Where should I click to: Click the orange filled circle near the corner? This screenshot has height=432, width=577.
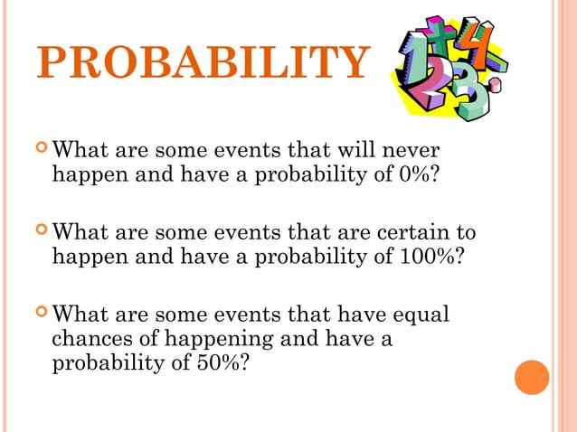[532, 378]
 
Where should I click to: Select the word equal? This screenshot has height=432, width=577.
[424, 315]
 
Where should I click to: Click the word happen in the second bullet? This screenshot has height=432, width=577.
[90, 256]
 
